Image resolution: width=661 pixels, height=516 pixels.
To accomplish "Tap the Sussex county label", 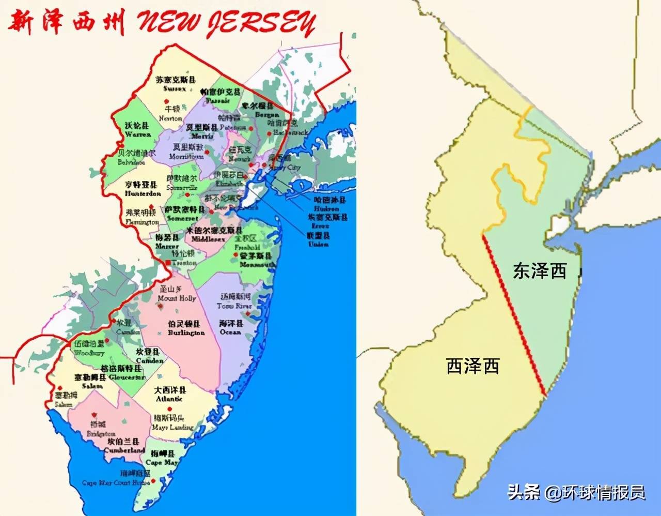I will click(176, 84).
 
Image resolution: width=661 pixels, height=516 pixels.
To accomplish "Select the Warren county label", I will click(137, 130).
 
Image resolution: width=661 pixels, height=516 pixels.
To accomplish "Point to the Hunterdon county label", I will click(143, 189).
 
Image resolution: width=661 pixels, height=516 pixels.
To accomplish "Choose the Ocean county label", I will click(230, 328).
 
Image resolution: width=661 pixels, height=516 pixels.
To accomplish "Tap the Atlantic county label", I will click(170, 394).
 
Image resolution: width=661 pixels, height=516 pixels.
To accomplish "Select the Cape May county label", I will click(162, 458).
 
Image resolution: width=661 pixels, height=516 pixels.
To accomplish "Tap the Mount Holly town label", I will click(177, 294).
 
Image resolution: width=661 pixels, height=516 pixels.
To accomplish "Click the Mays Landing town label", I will click(172, 422).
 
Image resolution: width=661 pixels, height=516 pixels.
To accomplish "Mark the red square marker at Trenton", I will click(168, 264).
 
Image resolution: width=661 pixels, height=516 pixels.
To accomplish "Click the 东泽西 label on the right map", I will click(540, 271).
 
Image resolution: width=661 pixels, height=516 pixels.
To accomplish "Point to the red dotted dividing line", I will click(514, 315).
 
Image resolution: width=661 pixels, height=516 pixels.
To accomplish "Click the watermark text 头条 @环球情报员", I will click(576, 492).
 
